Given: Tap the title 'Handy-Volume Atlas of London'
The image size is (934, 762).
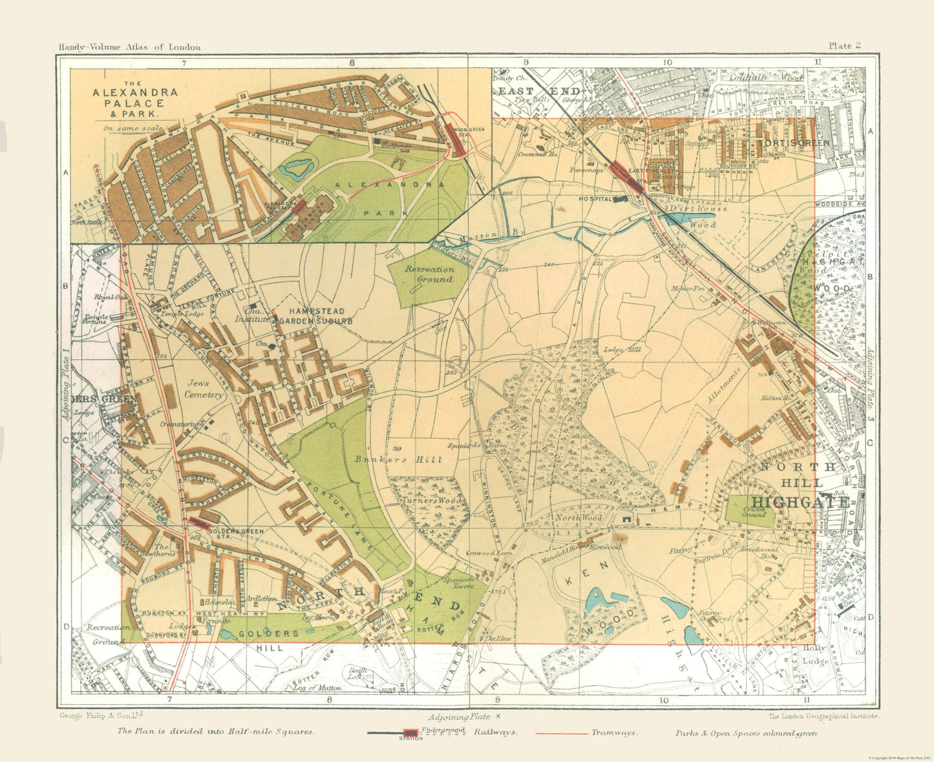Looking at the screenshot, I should point(129,47).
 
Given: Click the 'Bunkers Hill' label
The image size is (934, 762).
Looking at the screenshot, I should point(398,460).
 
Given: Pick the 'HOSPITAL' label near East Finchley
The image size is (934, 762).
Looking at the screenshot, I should point(595,199).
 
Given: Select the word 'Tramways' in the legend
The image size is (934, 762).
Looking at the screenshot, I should point(614,733).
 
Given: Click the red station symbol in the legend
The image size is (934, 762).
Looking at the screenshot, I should point(409,733).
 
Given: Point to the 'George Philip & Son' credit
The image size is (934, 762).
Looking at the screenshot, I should point(101,716).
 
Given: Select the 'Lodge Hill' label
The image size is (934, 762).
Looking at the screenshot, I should point(622,350).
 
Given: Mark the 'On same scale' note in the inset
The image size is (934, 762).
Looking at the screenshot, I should point(134,128).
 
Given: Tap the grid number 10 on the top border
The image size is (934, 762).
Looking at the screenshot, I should point(666,63).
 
